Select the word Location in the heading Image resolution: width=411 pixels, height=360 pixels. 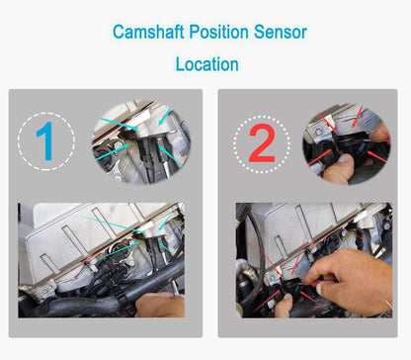[206, 65]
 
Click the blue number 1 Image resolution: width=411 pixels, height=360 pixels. [45, 142]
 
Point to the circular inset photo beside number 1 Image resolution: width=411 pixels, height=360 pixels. [138, 140]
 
